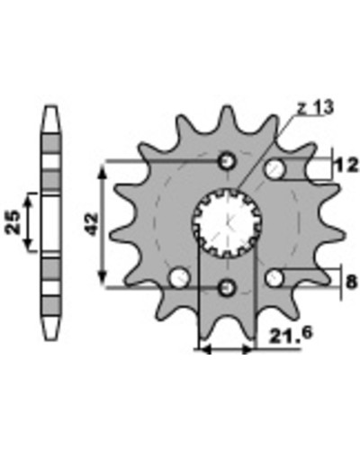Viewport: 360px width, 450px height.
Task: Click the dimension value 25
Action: tap(13, 221)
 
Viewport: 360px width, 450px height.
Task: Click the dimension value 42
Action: tap(92, 224)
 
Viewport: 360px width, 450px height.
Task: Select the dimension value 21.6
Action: tap(290, 335)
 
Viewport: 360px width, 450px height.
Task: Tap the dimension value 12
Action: tap(346, 166)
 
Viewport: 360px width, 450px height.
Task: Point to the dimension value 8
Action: tap(351, 282)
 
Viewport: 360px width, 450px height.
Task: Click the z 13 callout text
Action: tap(315, 108)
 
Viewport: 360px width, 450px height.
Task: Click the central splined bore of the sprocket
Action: tap(227, 223)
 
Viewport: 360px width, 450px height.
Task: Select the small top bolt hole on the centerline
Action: tap(227, 162)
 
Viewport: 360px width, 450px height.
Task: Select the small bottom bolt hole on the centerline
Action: tap(227, 288)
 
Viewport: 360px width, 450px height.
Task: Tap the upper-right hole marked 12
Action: tap(274, 169)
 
